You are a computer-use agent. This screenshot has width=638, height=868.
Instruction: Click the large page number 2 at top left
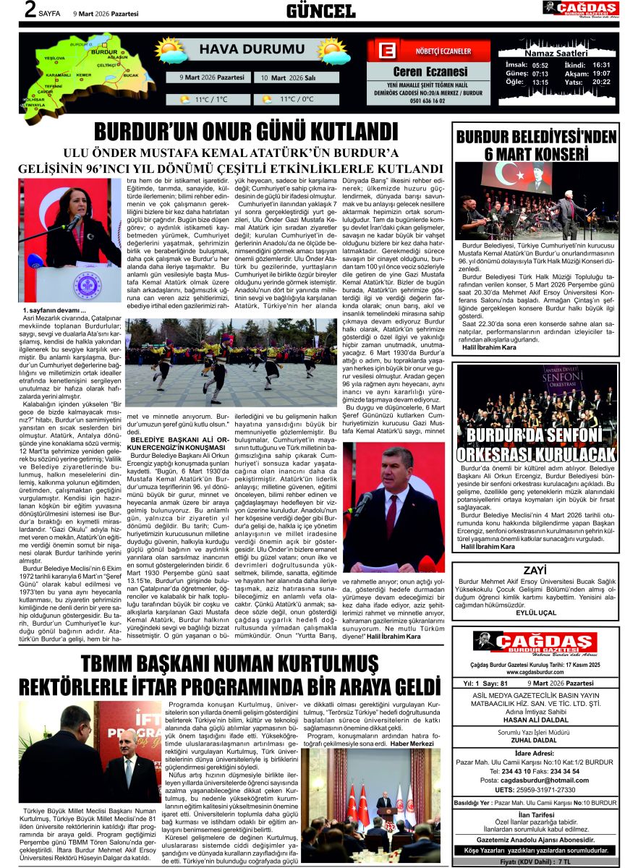click(30, 10)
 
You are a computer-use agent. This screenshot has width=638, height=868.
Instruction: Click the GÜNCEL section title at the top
click(320, 11)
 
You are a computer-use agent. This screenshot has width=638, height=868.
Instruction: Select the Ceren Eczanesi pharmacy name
click(430, 72)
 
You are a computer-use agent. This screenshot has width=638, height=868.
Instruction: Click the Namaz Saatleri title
click(556, 54)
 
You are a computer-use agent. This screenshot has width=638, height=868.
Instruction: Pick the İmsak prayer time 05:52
click(540, 65)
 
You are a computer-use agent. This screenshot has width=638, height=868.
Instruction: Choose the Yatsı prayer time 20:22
click(601, 82)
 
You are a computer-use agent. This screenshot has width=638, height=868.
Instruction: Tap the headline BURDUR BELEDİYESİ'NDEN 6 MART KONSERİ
click(535, 145)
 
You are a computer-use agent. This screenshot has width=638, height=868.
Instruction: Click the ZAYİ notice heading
click(535, 570)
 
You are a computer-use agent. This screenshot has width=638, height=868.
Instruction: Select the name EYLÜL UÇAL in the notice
click(535, 612)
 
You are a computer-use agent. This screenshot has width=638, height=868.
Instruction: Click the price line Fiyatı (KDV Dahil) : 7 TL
click(535, 863)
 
